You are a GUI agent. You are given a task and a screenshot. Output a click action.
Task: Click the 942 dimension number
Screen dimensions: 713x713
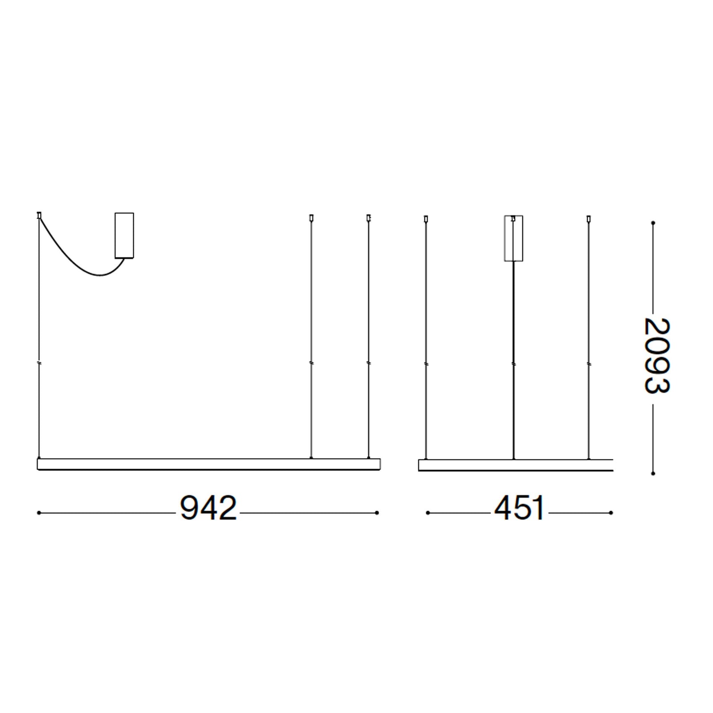(208, 508)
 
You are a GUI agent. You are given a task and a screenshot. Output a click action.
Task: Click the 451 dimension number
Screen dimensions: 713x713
(519, 508)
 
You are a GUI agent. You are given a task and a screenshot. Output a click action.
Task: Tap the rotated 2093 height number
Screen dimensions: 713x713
(657, 355)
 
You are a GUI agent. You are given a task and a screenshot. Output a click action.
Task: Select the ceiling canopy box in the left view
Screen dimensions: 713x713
(124, 235)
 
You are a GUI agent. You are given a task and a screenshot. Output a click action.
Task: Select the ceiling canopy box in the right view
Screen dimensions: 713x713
(513, 239)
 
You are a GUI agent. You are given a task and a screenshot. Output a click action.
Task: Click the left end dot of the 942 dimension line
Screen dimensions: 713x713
(39, 513)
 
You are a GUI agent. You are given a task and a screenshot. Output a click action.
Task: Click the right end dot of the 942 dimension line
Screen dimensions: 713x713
(377, 513)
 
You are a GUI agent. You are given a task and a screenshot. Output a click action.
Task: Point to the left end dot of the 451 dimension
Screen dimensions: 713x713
(428, 513)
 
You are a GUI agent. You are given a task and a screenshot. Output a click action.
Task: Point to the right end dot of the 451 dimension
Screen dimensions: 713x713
(611, 513)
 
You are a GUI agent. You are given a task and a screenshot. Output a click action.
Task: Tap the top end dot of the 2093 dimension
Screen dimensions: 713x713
(653, 222)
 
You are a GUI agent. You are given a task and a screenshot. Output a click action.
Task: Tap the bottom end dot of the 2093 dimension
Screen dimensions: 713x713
(653, 473)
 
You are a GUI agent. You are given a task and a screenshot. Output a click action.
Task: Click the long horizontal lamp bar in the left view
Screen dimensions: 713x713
(209, 464)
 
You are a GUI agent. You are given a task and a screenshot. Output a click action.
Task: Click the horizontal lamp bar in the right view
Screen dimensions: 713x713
(516, 465)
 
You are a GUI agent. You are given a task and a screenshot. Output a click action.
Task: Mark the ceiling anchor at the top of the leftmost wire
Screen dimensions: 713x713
(39, 215)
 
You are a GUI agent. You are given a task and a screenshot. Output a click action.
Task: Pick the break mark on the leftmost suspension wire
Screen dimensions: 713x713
(39, 364)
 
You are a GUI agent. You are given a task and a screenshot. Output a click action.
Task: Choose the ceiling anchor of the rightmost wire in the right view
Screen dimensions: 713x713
(589, 219)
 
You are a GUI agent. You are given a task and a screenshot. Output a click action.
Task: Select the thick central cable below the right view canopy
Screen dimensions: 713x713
(514, 356)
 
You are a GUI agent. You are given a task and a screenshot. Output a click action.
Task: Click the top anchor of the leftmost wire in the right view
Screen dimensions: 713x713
(426, 219)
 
